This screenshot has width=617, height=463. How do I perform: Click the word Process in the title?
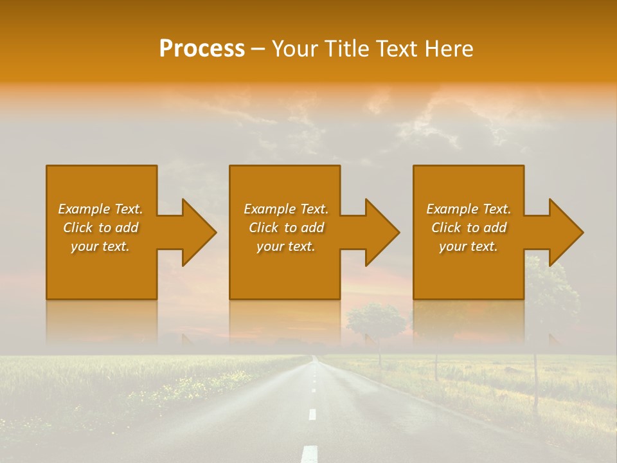pos(202,49)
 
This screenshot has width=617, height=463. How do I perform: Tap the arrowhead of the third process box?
pos(565,232)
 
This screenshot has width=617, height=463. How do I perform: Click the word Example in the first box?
pos(84,209)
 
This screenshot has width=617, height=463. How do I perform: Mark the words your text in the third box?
pos(468,246)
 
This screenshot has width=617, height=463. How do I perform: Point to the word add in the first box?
pos(127,228)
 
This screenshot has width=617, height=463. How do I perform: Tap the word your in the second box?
pos(270,246)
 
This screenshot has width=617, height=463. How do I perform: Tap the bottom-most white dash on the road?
pos(309,454)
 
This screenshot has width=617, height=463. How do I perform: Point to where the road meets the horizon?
pos(314,356)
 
